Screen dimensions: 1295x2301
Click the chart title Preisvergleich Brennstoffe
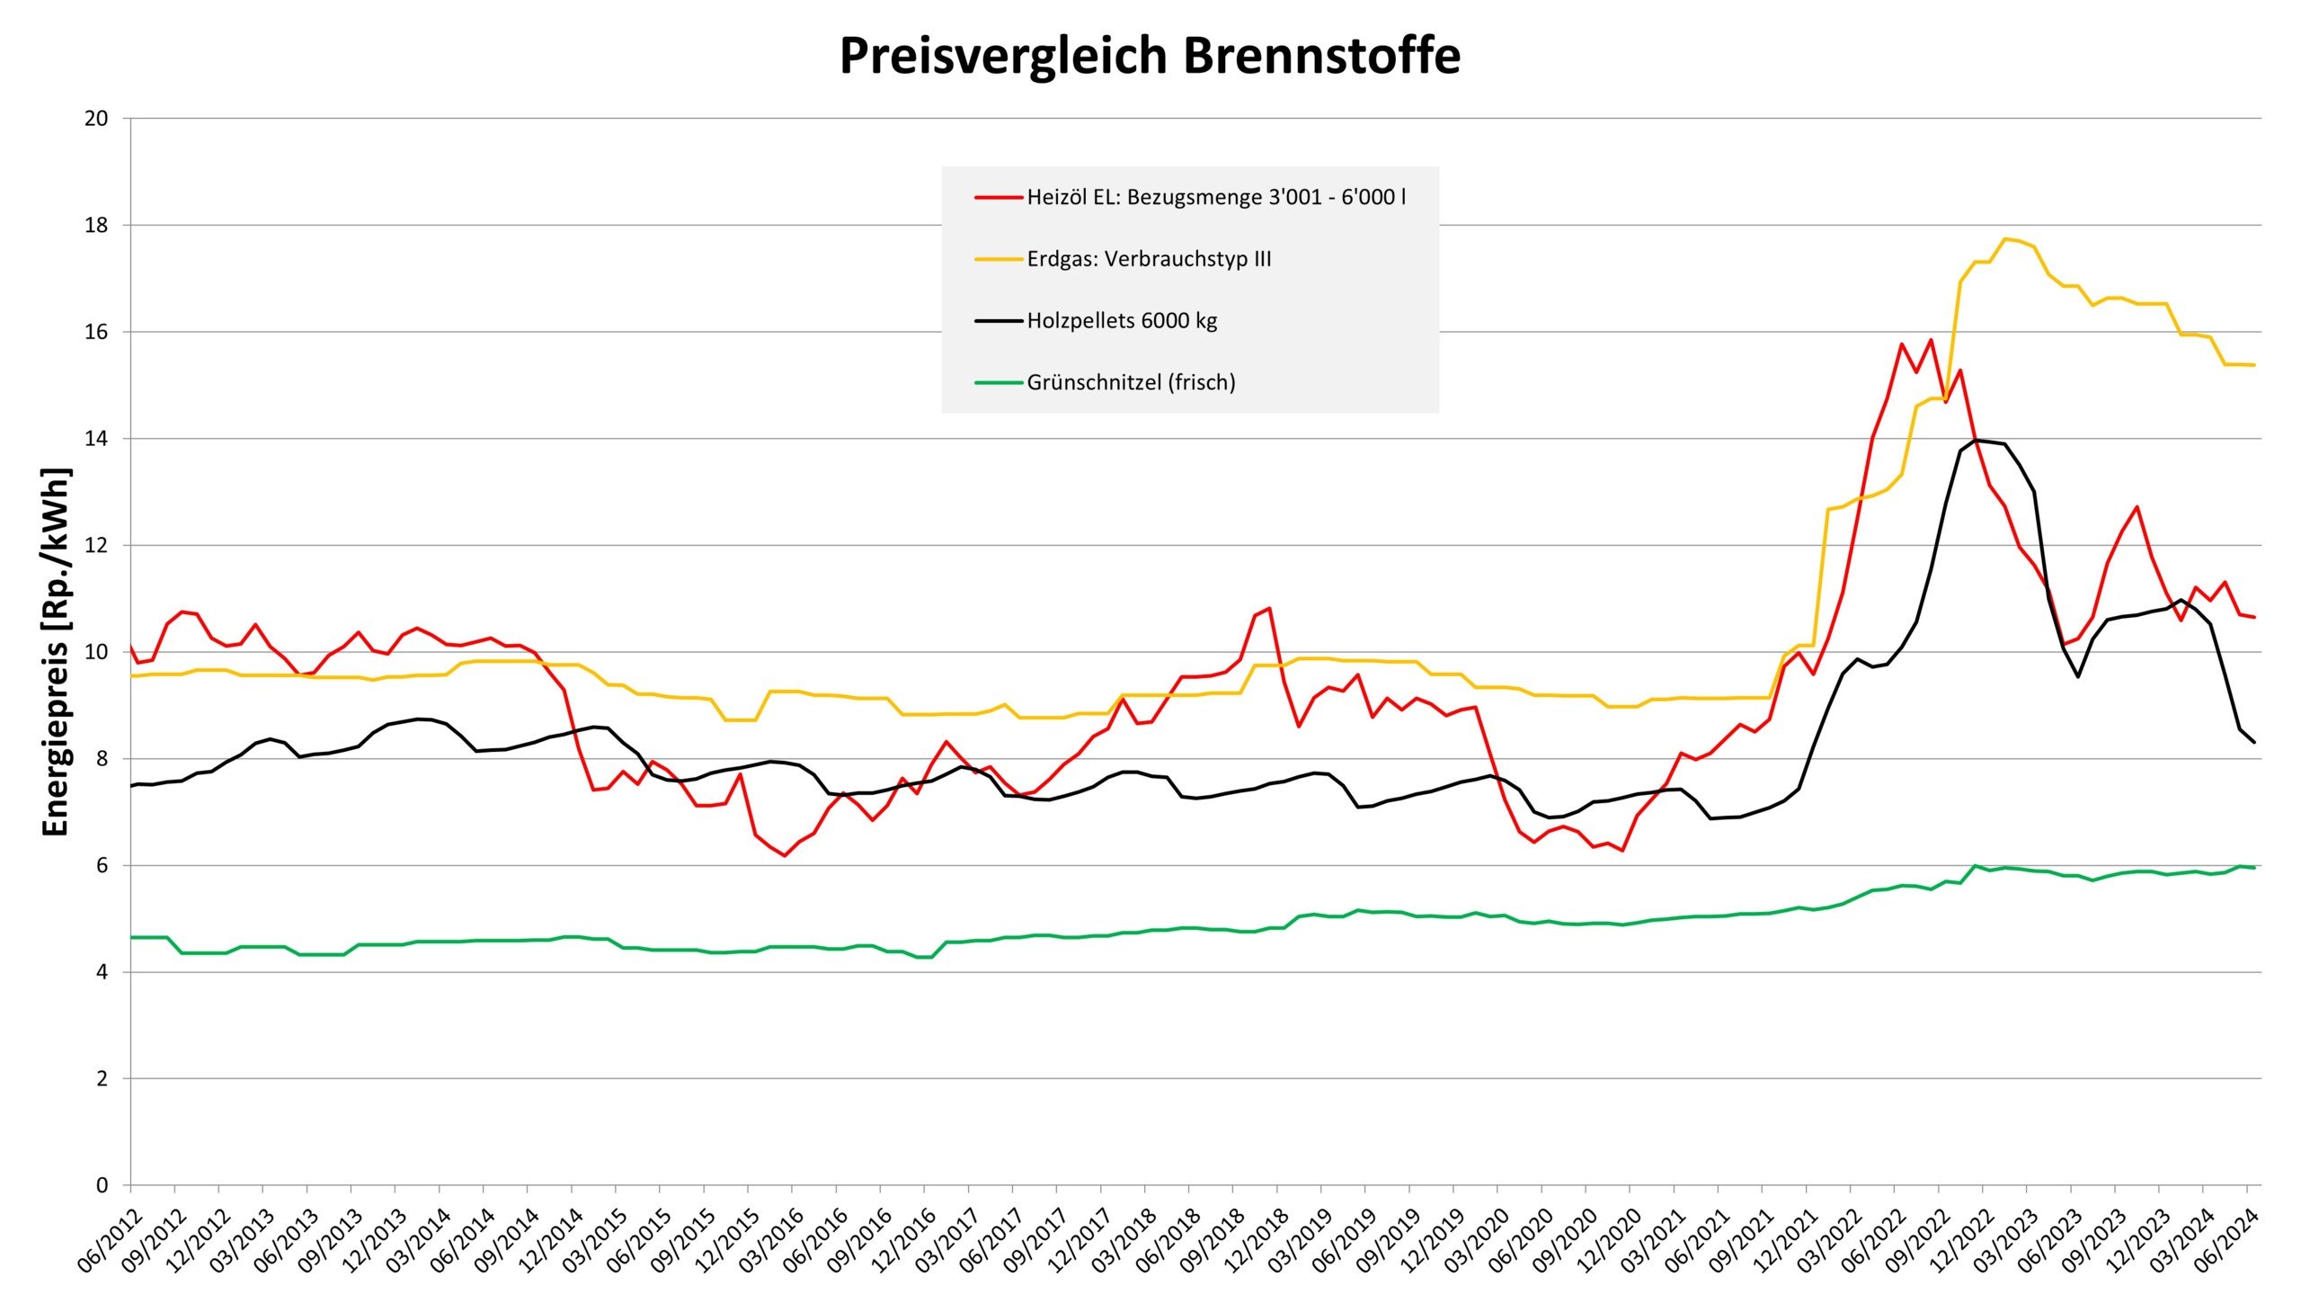pyautogui.click(x=1150, y=56)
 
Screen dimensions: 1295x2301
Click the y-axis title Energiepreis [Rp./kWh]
pyautogui.click(x=56, y=652)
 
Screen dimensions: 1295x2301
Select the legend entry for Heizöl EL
pyautogui.click(x=1215, y=197)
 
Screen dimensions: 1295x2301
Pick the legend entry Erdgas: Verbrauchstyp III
pyautogui.click(x=1149, y=259)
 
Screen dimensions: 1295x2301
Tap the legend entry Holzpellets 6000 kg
pyautogui.click(x=1122, y=321)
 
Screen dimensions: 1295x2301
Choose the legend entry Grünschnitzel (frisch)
pyautogui.click(x=1131, y=382)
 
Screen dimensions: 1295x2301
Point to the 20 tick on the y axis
pyautogui.click(x=96, y=119)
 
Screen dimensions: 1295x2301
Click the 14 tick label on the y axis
pyautogui.click(x=96, y=439)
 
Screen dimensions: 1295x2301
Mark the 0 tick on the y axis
pyautogui.click(x=102, y=1185)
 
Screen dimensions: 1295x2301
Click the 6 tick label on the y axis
pyautogui.click(x=102, y=865)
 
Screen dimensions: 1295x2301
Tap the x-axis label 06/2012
pyautogui.click(x=106, y=1243)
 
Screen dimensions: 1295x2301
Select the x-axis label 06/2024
pyautogui.click(x=2223, y=1243)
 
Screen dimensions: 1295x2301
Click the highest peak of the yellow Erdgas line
pyautogui.click(x=2004, y=238)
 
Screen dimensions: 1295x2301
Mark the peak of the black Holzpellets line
pyautogui.click(x=1976, y=440)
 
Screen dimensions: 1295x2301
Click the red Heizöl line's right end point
pyautogui.click(x=2254, y=617)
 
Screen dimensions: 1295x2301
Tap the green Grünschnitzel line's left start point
pyautogui.click(x=131, y=937)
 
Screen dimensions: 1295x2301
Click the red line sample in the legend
pyautogui.click(x=999, y=197)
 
